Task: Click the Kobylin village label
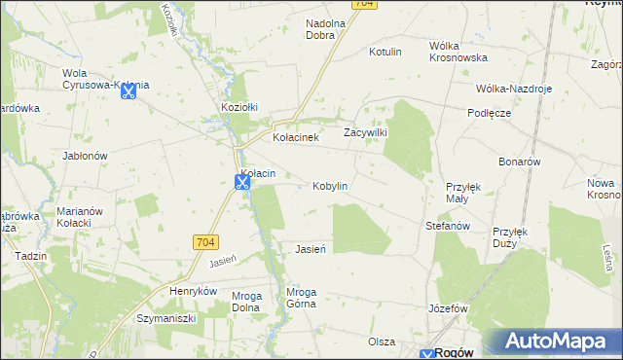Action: (330, 186)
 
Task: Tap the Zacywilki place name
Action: (366, 132)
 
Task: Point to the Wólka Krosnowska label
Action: (458, 52)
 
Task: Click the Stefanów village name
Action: (448, 226)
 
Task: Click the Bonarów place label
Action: (518, 162)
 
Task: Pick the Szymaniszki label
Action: (166, 318)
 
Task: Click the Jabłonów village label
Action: (84, 155)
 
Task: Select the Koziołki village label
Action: (238, 106)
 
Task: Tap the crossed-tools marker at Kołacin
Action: (242, 182)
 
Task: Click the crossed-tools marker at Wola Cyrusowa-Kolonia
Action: (128, 92)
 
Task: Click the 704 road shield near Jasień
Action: (206, 241)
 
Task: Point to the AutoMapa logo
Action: (551, 342)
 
